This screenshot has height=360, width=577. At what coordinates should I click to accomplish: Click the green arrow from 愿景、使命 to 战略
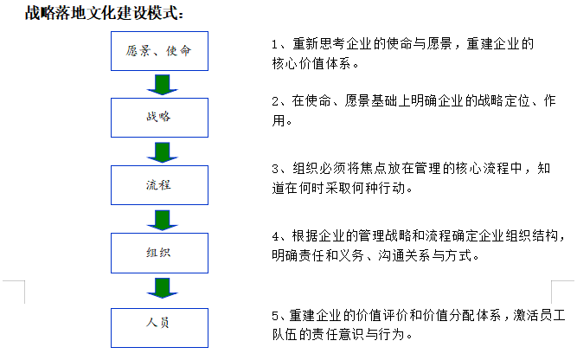[163, 85]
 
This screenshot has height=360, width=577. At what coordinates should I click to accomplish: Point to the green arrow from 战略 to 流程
[163, 152]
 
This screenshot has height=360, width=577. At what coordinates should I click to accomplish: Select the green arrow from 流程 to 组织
[163, 220]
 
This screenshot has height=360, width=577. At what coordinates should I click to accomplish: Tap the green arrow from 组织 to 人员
[163, 288]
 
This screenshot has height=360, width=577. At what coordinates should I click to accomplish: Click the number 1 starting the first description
[274, 44]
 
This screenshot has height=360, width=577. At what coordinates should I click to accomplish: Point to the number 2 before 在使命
[275, 101]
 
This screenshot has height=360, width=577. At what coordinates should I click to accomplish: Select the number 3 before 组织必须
[275, 169]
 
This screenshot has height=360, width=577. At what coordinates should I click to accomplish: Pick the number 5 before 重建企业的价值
[275, 316]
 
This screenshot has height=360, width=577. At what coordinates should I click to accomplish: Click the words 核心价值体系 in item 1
[311, 64]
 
